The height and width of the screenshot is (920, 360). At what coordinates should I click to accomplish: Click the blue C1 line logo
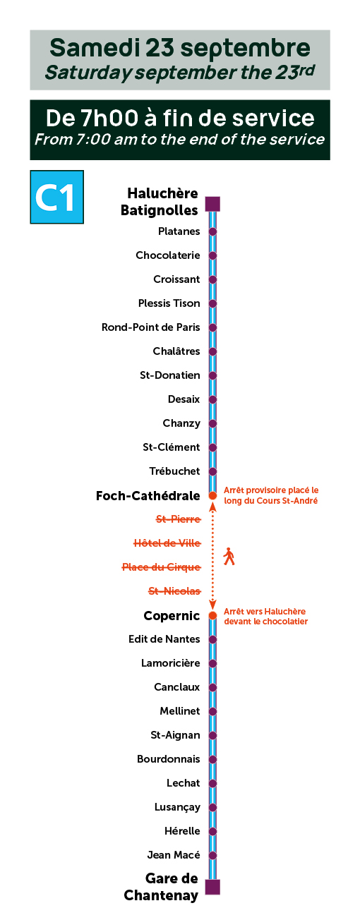(56, 197)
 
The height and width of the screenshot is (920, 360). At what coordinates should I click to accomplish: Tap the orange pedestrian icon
(229, 557)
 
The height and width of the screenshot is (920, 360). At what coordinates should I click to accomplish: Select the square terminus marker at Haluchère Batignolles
(213, 204)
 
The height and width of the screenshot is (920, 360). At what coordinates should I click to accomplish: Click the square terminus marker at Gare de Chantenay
(213, 887)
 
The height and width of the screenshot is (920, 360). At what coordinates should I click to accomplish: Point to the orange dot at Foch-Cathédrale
(213, 496)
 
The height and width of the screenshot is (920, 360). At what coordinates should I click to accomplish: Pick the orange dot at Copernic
(213, 615)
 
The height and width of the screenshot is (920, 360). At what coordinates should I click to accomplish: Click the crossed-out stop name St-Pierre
(179, 519)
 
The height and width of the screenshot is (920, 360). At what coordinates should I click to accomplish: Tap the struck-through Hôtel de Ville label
(167, 543)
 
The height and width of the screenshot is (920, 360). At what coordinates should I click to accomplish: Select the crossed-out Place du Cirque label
(162, 567)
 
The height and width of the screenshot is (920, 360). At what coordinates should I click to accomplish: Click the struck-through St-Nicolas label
(174, 591)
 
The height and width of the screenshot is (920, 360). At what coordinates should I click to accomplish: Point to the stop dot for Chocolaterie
(213, 255)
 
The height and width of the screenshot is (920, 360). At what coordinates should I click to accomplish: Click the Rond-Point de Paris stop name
(151, 327)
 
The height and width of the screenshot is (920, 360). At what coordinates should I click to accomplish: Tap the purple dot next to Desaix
(213, 399)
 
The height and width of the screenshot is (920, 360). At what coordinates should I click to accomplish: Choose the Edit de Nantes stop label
(164, 639)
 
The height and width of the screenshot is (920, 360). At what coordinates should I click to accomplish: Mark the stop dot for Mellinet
(213, 711)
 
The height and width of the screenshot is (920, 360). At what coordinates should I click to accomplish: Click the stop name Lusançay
(177, 807)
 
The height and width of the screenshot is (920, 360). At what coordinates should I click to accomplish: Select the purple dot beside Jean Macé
(213, 855)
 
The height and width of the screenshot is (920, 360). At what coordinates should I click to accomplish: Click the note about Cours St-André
(271, 495)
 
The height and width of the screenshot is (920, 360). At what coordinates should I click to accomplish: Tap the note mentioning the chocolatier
(266, 616)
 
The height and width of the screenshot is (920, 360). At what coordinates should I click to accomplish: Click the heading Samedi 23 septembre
(180, 47)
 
